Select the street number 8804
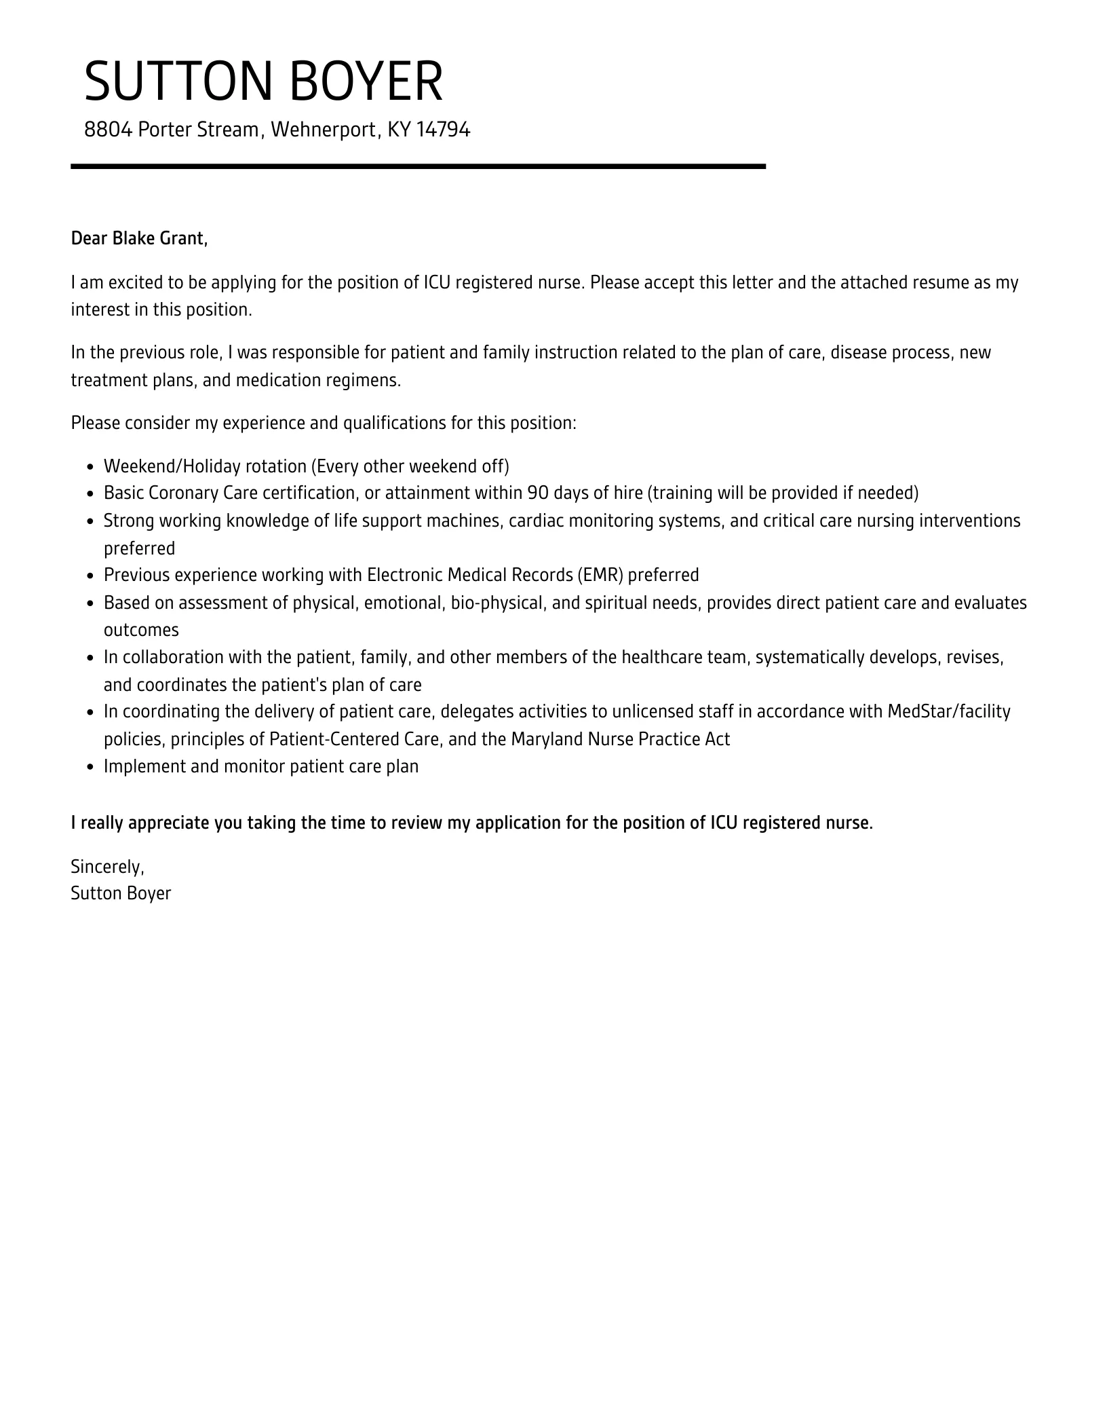pyautogui.click(x=107, y=130)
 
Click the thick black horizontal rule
pyautogui.click(x=418, y=166)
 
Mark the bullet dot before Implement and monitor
pyautogui.click(x=91, y=767)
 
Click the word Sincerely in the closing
pyautogui.click(x=107, y=867)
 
